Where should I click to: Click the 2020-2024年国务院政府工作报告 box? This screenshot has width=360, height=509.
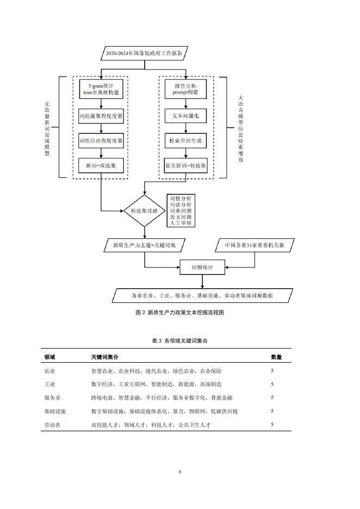click(x=144, y=53)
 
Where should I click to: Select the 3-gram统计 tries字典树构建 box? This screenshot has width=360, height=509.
click(x=101, y=90)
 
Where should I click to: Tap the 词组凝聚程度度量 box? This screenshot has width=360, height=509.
click(x=101, y=116)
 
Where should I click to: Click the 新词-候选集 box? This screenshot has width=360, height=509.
click(x=101, y=165)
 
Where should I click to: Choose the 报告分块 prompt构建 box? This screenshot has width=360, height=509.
click(x=186, y=90)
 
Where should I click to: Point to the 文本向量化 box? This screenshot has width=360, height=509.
click(x=186, y=116)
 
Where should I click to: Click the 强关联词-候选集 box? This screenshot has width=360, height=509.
click(x=186, y=165)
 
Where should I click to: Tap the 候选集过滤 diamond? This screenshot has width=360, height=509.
click(x=144, y=210)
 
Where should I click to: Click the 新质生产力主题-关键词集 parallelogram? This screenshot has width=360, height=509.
click(x=144, y=245)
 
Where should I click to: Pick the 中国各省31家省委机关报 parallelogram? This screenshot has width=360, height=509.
click(x=254, y=245)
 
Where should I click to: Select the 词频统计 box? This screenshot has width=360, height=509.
click(x=202, y=268)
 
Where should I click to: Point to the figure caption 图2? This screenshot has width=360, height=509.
click(x=179, y=313)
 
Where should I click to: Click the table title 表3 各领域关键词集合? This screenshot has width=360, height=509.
click(x=179, y=340)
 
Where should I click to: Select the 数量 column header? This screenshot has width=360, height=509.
click(x=276, y=357)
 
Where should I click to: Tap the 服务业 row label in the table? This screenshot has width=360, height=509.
click(x=52, y=398)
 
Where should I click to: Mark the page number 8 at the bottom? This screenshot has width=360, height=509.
click(x=179, y=471)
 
